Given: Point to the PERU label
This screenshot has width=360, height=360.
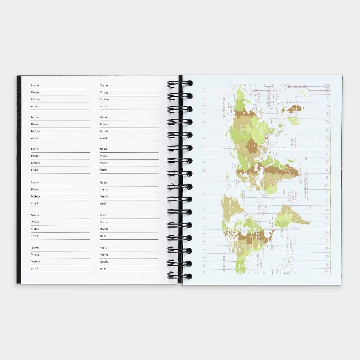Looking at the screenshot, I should (283, 234).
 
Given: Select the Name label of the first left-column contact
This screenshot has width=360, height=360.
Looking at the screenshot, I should (35, 85).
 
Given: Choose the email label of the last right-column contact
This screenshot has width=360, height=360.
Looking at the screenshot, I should (103, 269).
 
